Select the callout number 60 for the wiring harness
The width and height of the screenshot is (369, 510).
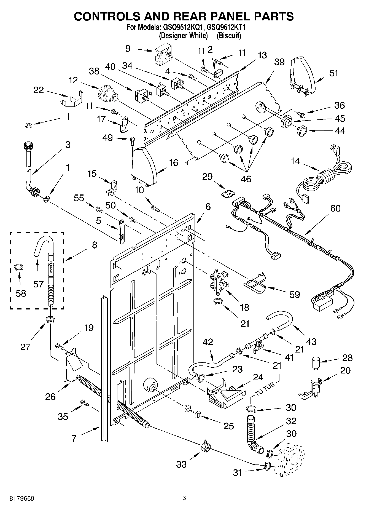[x=335, y=208]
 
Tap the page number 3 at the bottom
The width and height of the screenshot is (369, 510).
[x=184, y=498]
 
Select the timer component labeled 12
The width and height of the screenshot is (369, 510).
[x=108, y=95]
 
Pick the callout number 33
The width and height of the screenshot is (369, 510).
[x=182, y=464]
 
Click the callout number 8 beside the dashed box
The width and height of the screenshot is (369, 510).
[x=95, y=245]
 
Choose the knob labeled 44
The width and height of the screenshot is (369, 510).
[x=302, y=130]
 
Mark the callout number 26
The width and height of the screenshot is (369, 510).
[x=51, y=397]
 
